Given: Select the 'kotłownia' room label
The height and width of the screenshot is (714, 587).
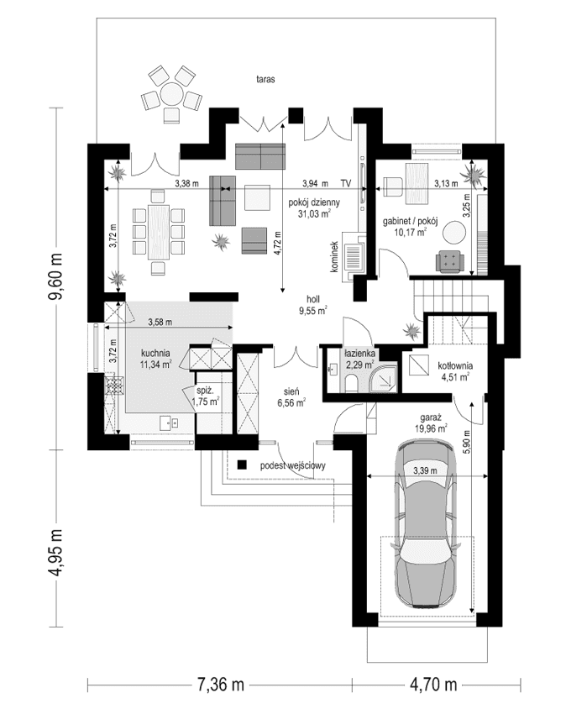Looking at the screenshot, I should pyautogui.click(x=454, y=365).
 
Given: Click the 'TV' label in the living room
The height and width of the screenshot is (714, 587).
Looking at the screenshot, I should pyautogui.click(x=345, y=182).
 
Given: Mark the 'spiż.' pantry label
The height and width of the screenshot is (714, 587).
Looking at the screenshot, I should pyautogui.click(x=206, y=391).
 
